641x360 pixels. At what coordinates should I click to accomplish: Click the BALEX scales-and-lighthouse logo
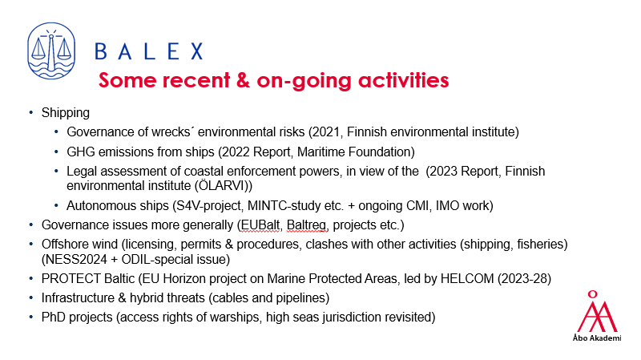tap(51, 51)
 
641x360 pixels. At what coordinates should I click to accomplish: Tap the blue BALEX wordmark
tap(149, 52)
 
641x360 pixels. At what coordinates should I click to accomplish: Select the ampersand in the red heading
tap(243, 79)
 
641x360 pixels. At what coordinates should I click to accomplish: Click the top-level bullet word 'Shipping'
tap(66, 113)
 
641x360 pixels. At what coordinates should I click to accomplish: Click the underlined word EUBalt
tap(260, 225)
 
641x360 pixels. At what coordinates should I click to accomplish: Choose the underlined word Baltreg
tap(307, 225)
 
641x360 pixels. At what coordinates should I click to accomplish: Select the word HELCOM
tap(467, 278)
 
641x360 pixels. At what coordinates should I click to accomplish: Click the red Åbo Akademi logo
tap(597, 316)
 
